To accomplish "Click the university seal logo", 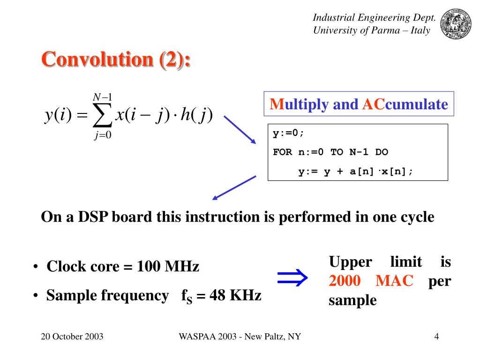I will [x=457, y=24].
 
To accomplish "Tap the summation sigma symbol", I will [x=102, y=115].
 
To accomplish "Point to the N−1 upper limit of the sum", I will [x=102, y=97].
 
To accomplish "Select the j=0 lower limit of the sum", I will [x=102, y=135].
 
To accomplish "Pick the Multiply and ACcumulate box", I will [x=359, y=104].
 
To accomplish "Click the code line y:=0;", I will [x=289, y=133].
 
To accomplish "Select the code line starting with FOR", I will [x=330, y=152].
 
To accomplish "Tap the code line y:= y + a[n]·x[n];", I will [x=356, y=171].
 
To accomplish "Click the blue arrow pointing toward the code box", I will [x=240, y=130].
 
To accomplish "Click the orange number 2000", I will [x=345, y=281].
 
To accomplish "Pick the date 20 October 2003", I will [x=72, y=337].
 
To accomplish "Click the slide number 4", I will [x=436, y=337].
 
